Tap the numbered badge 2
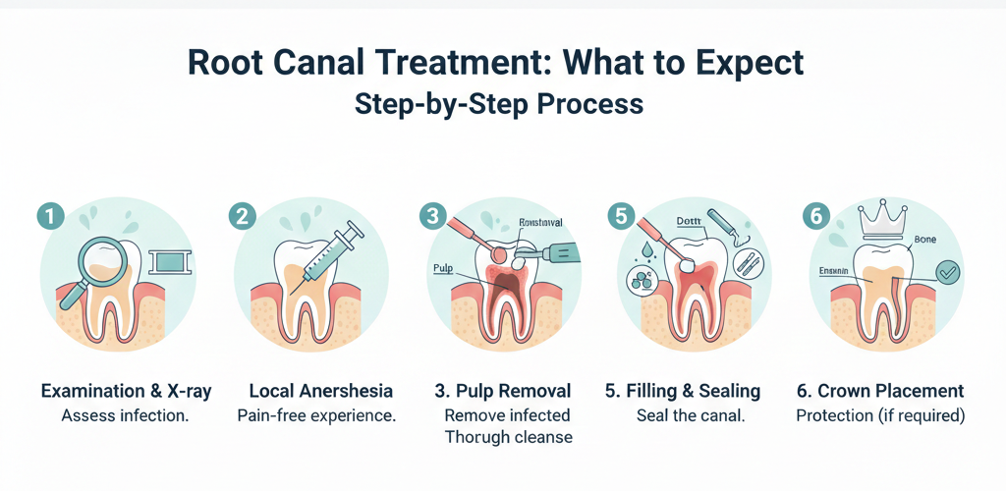tap(241, 214)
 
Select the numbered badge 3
tap(432, 214)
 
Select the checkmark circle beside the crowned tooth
tap(948, 273)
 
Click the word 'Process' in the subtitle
tap(589, 104)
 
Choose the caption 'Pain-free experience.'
tap(316, 415)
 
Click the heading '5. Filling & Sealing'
tap(683, 391)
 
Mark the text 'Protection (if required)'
tap(880, 415)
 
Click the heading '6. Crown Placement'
tap(880, 391)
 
